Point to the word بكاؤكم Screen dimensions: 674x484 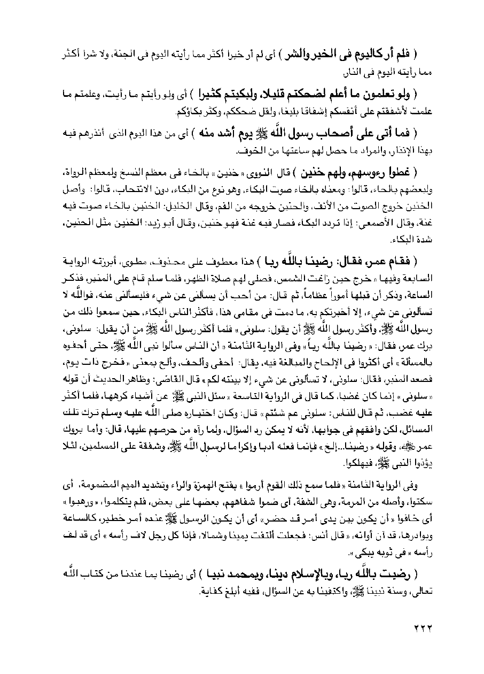tap(189, 112)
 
